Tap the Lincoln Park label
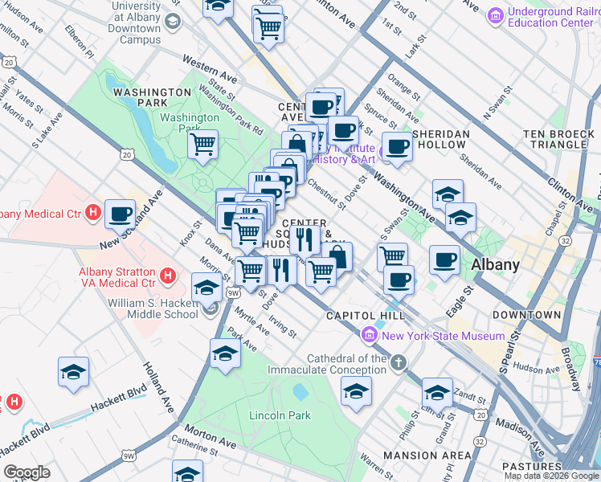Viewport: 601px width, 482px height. [x=280, y=415]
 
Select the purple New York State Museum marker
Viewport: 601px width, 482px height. [x=370, y=334]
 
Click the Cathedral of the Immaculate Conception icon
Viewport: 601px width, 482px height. [x=398, y=365]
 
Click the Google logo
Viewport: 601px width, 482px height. [x=27, y=472]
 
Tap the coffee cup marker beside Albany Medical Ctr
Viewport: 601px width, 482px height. [x=120, y=213]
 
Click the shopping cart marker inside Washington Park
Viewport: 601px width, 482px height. [x=203, y=145]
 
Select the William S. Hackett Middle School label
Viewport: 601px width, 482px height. [x=153, y=308]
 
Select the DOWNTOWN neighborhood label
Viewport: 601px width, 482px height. [x=526, y=315]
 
